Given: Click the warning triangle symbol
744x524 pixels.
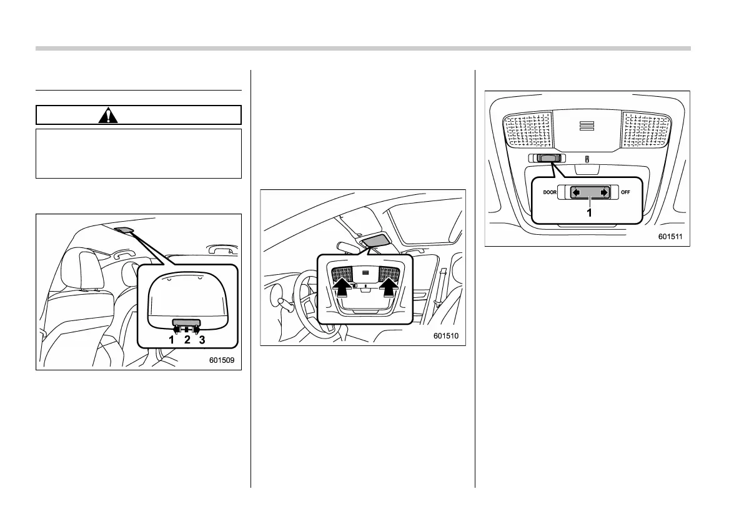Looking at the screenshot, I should tap(108, 115).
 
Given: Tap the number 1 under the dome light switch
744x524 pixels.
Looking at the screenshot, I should tap(172, 340).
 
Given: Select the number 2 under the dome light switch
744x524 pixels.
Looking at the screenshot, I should tap(187, 340).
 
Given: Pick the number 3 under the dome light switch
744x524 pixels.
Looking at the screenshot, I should tap(202, 340).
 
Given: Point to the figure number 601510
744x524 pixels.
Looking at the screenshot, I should tap(448, 337).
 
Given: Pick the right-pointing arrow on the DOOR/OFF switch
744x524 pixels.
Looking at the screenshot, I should tap(603, 193).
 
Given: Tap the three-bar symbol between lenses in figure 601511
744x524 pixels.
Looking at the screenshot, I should tap(587, 126).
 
